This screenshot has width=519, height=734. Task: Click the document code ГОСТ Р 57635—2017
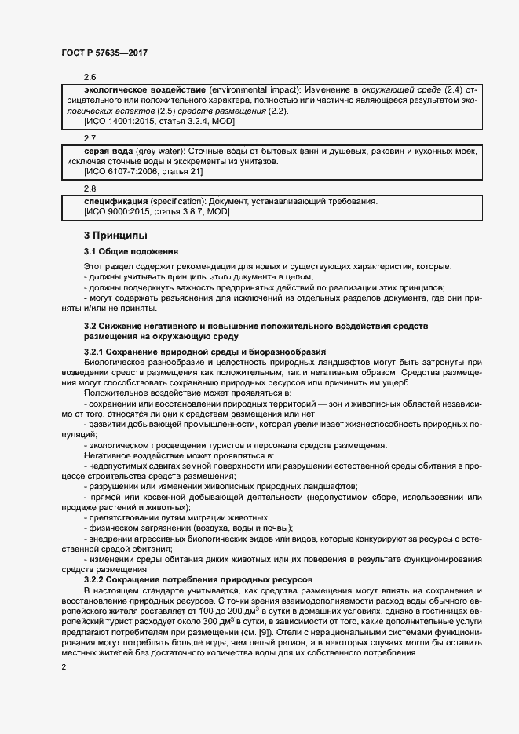104,53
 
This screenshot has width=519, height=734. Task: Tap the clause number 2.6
90,79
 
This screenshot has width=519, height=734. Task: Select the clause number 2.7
90,137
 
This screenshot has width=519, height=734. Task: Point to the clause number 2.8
90,188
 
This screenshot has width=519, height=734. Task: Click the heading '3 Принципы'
115,236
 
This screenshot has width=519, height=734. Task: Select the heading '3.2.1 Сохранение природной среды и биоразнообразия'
204,350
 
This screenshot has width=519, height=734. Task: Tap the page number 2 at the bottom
63,666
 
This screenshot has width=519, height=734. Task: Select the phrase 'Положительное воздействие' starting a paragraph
141,391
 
